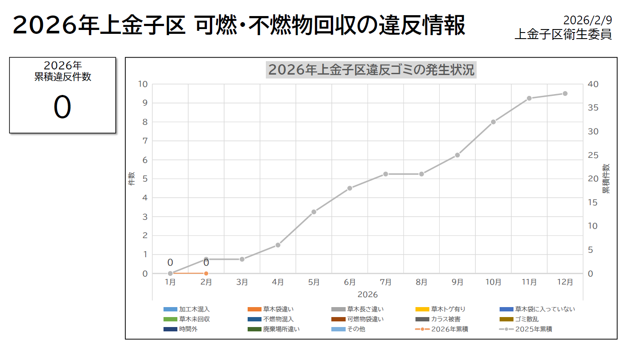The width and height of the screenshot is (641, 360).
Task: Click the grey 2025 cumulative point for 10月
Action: [x=493, y=122]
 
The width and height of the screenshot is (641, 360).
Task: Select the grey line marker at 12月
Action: [x=565, y=94]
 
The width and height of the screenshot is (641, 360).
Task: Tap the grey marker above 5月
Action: [x=314, y=212]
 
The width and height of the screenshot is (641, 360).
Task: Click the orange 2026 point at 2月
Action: [x=206, y=273]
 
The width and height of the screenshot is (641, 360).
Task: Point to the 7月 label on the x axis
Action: [x=386, y=282]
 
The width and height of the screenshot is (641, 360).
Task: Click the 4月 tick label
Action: [x=278, y=282]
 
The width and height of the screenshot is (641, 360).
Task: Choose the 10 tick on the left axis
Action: [x=143, y=84]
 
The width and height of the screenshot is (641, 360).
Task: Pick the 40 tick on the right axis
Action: [x=593, y=84]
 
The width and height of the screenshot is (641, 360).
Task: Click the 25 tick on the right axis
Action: [x=593, y=155]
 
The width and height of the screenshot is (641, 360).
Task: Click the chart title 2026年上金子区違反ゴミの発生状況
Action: [x=371, y=70]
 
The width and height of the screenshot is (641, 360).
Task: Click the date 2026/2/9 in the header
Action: [x=588, y=20]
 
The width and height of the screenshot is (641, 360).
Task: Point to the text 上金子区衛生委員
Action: [x=563, y=34]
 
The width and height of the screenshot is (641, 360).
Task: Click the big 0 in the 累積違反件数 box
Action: [x=62, y=107]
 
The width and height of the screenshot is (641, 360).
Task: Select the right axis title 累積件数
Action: [x=606, y=179]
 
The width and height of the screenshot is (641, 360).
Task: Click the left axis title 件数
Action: [x=131, y=179]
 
